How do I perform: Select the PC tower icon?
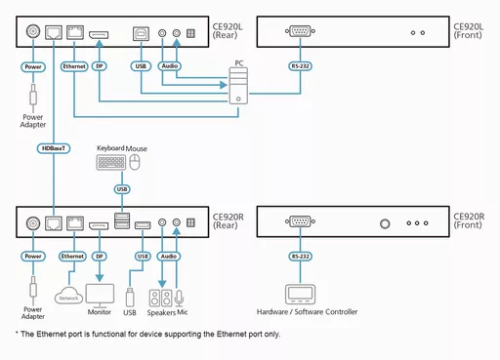(237, 91)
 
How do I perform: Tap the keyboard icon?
(111, 163)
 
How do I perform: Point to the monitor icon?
(101, 295)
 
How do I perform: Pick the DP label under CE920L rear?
(101, 67)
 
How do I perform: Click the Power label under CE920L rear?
(32, 67)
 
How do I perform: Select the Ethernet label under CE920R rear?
(73, 258)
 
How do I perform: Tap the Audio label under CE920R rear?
(168, 258)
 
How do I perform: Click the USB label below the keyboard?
(121, 188)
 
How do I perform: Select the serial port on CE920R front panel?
(298, 222)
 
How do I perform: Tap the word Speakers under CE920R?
(160, 312)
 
